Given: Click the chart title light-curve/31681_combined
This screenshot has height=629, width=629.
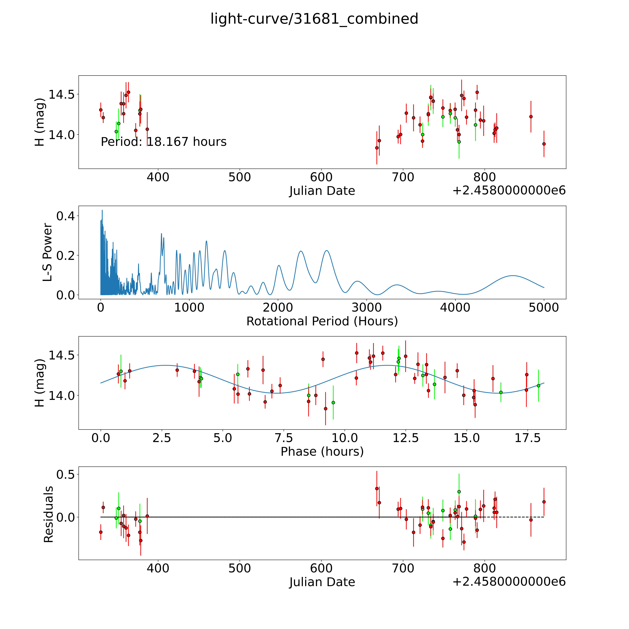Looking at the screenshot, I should (x=314, y=19).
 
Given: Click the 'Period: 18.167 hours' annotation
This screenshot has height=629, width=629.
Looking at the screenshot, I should (x=163, y=142).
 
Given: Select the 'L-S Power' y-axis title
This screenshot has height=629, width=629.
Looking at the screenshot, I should (x=48, y=252).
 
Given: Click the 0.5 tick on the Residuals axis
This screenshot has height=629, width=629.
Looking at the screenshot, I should (x=65, y=475).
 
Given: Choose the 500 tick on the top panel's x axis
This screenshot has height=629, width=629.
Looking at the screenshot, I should (x=240, y=177).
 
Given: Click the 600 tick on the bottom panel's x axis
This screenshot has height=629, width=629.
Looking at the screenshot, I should (x=321, y=568).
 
